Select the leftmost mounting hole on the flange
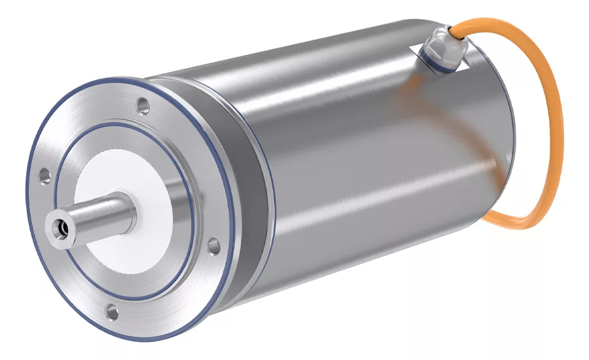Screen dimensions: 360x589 pyautogui.click(x=44, y=175)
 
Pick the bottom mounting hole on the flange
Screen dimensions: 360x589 pyautogui.click(x=112, y=313)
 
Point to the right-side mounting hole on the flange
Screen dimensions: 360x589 pyautogui.click(x=213, y=246)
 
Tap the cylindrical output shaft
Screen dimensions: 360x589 pyautogui.click(x=98, y=215)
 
